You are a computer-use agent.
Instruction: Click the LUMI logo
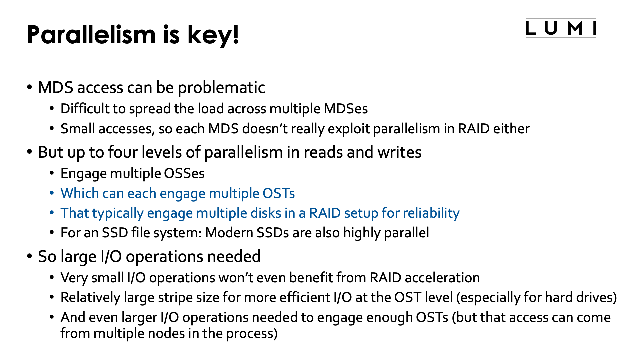561,28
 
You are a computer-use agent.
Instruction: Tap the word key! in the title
213,35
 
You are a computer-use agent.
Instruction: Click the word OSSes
184,174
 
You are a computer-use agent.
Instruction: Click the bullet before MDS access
30,88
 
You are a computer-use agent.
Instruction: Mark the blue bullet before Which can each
52,193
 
